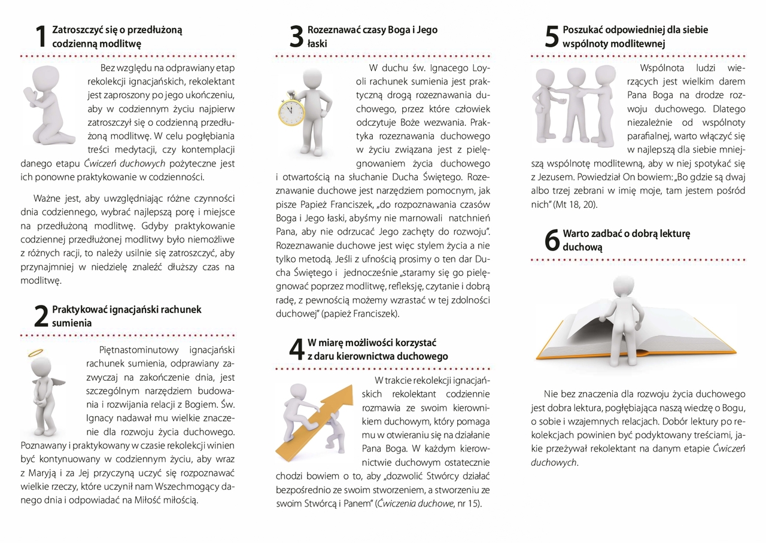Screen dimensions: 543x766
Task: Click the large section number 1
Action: click(40, 36)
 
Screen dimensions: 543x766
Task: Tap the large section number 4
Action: click(296, 350)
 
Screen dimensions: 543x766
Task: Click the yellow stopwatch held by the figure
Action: click(292, 110)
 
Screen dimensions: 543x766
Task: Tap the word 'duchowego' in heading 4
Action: click(427, 356)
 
